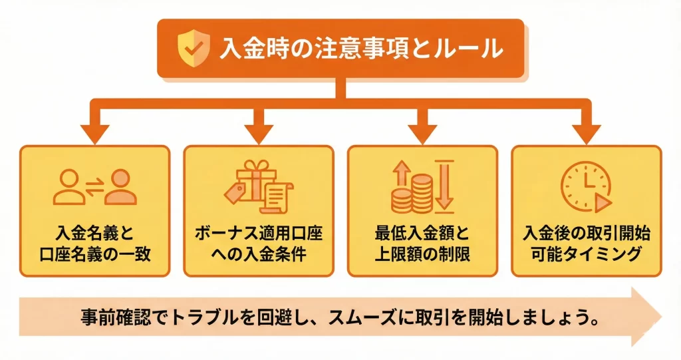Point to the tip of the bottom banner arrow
coord(661,317)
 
